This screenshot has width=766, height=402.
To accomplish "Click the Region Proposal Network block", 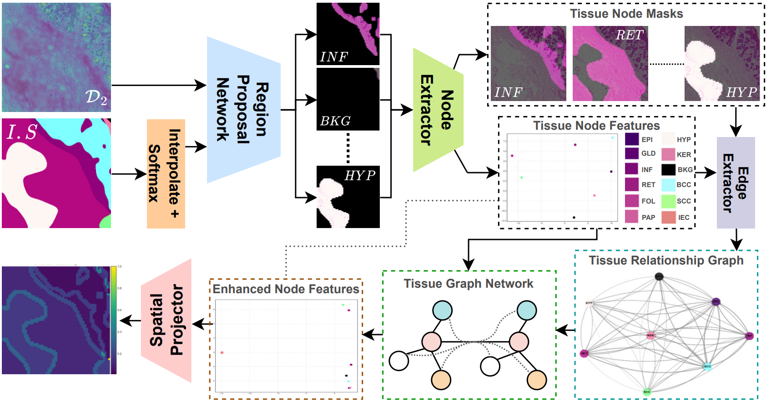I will [243, 110].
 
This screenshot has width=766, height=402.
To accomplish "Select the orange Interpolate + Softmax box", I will [166, 173].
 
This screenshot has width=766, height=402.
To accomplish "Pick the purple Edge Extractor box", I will [736, 183].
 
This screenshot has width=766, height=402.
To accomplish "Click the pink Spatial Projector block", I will [166, 321].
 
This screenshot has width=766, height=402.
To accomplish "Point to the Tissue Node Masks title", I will [626, 14].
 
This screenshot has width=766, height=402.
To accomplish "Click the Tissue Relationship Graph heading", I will [666, 260].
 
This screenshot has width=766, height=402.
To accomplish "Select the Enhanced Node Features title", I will [286, 289].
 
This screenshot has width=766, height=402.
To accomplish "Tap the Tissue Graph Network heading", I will [468, 284].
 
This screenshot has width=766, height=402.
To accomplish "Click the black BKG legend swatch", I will [668, 170].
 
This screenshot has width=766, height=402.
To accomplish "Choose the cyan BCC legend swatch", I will [668, 185].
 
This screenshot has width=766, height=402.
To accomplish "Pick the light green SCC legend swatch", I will [668, 201].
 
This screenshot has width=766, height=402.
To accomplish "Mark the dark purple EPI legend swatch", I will [632, 139].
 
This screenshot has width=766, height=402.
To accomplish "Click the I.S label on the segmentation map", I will [21, 132].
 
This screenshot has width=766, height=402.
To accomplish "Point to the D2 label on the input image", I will [96, 97].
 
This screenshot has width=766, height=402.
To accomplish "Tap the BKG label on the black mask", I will [335, 121].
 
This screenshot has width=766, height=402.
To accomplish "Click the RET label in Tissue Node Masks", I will [630, 35].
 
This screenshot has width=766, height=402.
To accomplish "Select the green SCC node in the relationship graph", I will [647, 392].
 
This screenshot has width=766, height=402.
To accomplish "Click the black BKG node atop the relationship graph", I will [659, 276].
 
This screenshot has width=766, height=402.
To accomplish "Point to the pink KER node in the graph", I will [650, 336].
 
